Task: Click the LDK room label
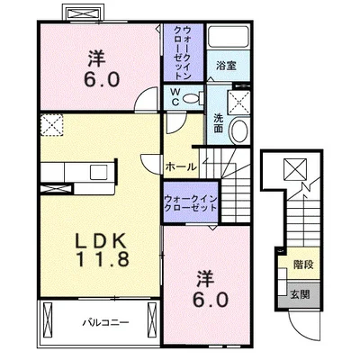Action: pyautogui.click(x=100, y=240)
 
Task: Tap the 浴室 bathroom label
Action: pyautogui.click(x=226, y=66)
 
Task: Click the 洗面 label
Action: pyautogui.click(x=219, y=123)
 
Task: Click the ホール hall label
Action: pyautogui.click(x=181, y=166)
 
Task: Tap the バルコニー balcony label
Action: pyautogui.click(x=105, y=323)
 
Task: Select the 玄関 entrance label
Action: pyautogui.click(x=300, y=295)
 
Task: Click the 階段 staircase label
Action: pyautogui.click(x=303, y=265)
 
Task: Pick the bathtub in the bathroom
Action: pyautogui.click(x=229, y=37)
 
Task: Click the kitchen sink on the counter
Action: pyautogui.click(x=98, y=173)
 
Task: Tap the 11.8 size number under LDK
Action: pyautogui.click(x=103, y=258)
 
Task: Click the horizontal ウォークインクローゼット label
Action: pyautogui.click(x=191, y=203)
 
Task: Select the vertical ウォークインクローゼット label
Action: pyautogui.click(x=183, y=53)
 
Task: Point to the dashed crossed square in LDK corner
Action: pyautogui.click(x=52, y=125)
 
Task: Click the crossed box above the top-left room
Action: pyautogui.click(x=84, y=13)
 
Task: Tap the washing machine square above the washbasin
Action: pyautogui.click(x=238, y=103)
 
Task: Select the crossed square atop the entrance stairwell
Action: pyautogui.click(x=295, y=169)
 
